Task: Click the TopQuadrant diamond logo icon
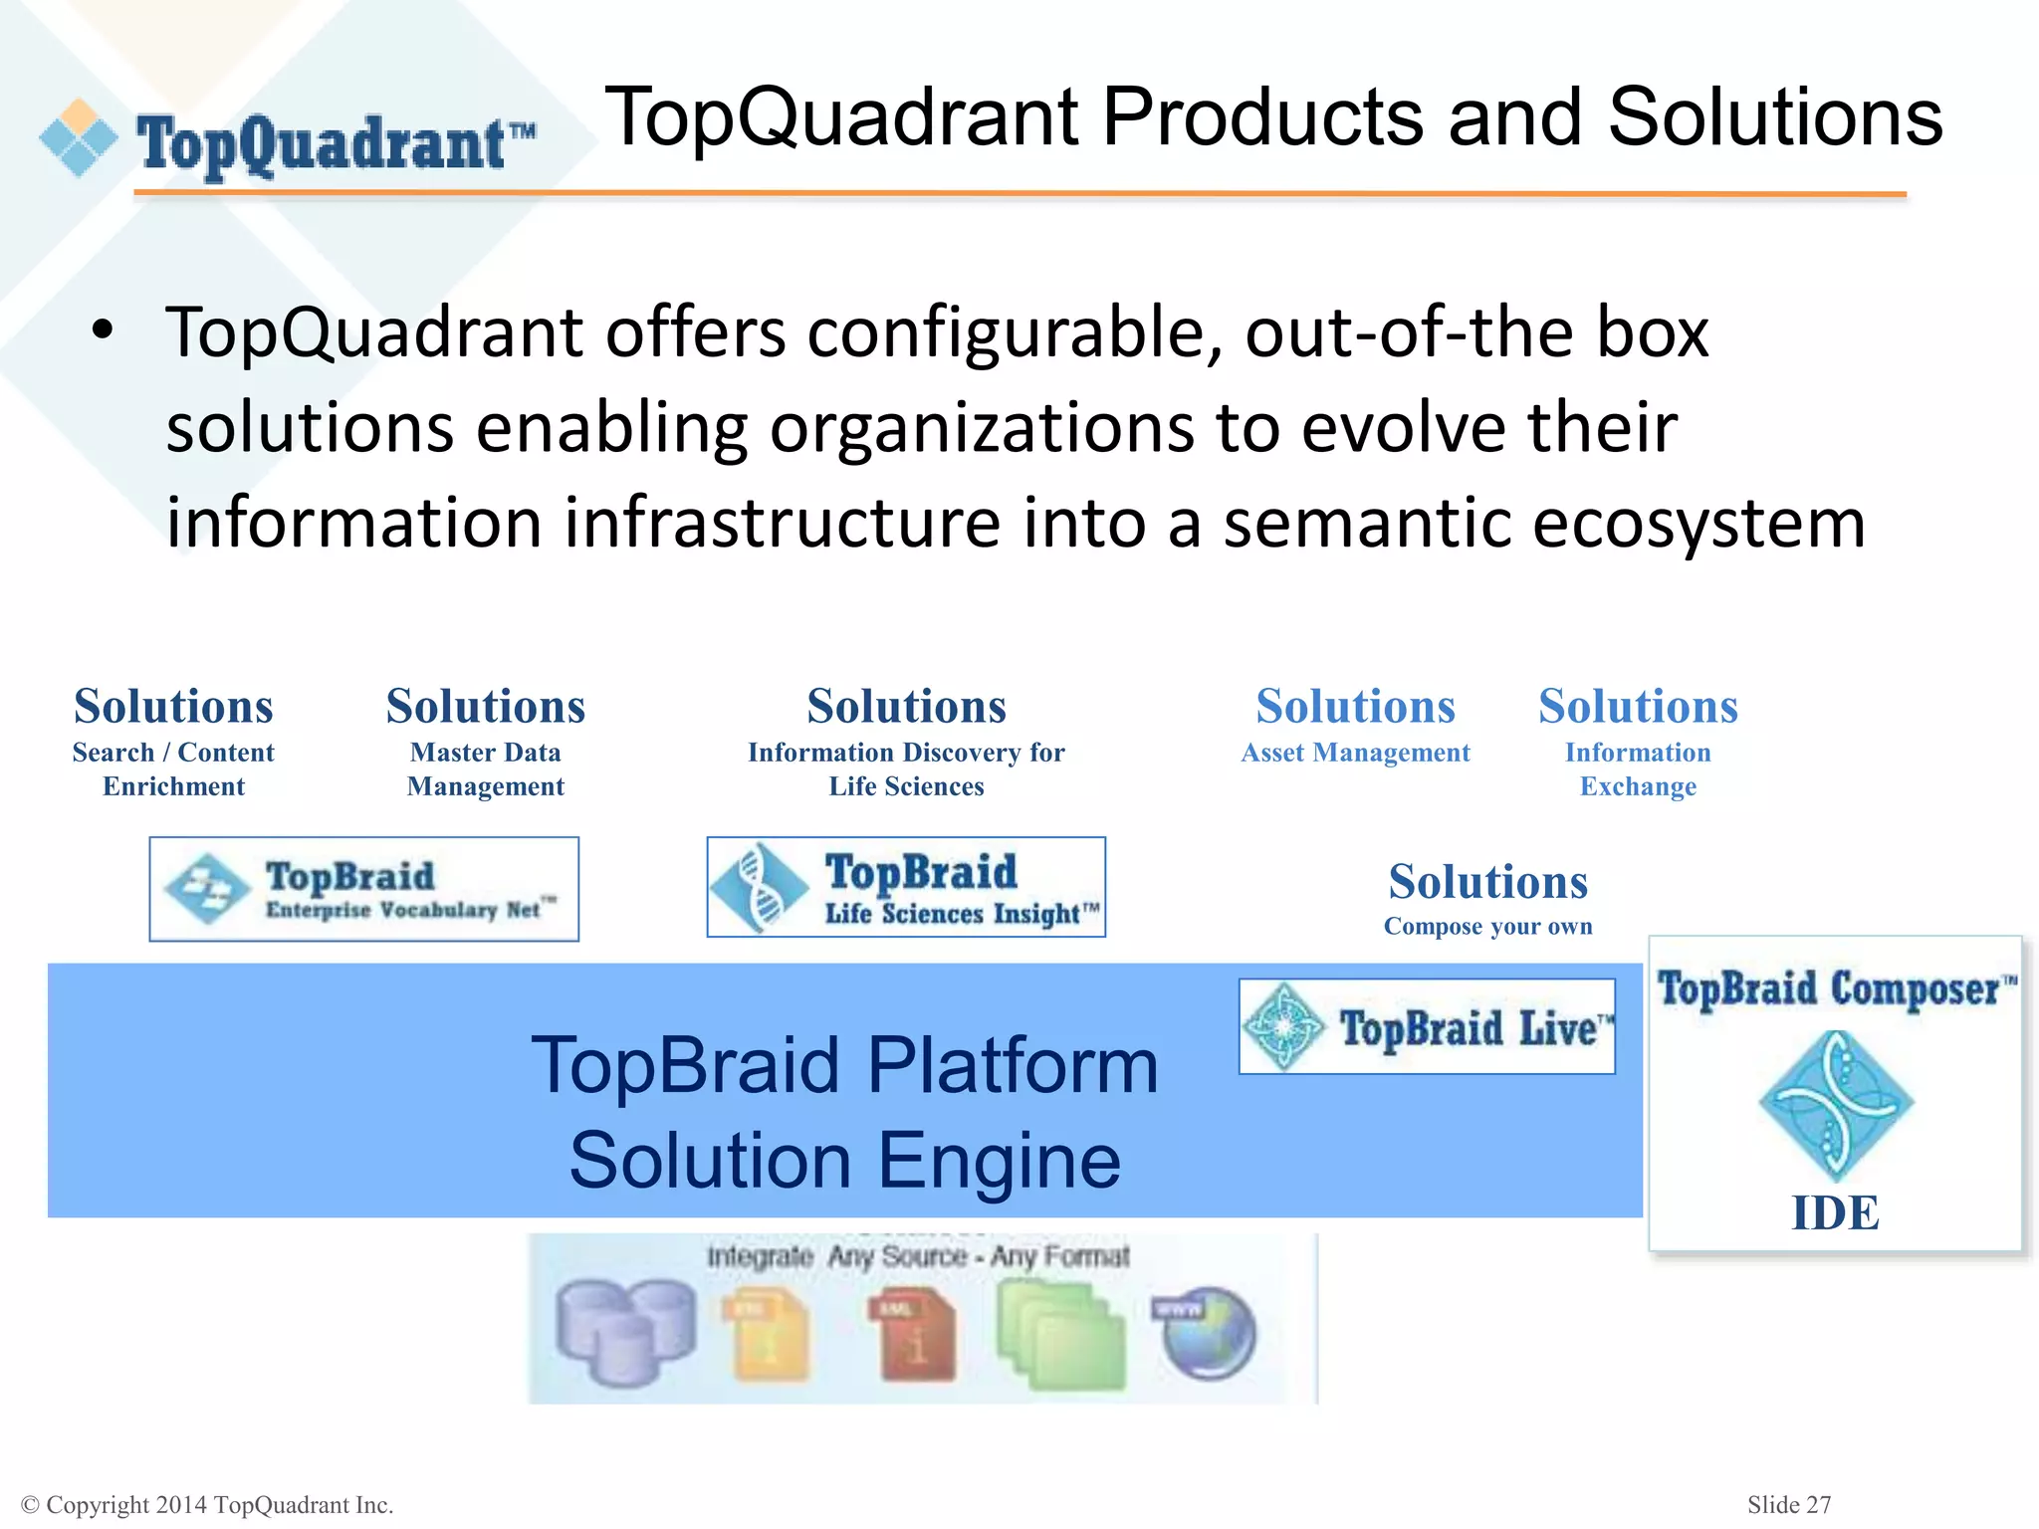(79, 138)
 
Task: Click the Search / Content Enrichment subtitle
(173, 769)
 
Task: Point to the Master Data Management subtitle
(486, 769)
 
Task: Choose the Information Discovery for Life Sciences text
(906, 769)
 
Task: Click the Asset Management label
(1355, 754)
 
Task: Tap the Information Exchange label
(1638, 769)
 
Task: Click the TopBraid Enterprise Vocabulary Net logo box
(364, 889)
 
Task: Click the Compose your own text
(1487, 927)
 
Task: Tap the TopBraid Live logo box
(1426, 1026)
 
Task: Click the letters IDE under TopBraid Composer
(1835, 1213)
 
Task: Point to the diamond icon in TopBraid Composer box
(1835, 1104)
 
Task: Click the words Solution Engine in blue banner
(844, 1161)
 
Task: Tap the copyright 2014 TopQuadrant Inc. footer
(207, 1505)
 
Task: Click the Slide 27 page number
(1788, 1505)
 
